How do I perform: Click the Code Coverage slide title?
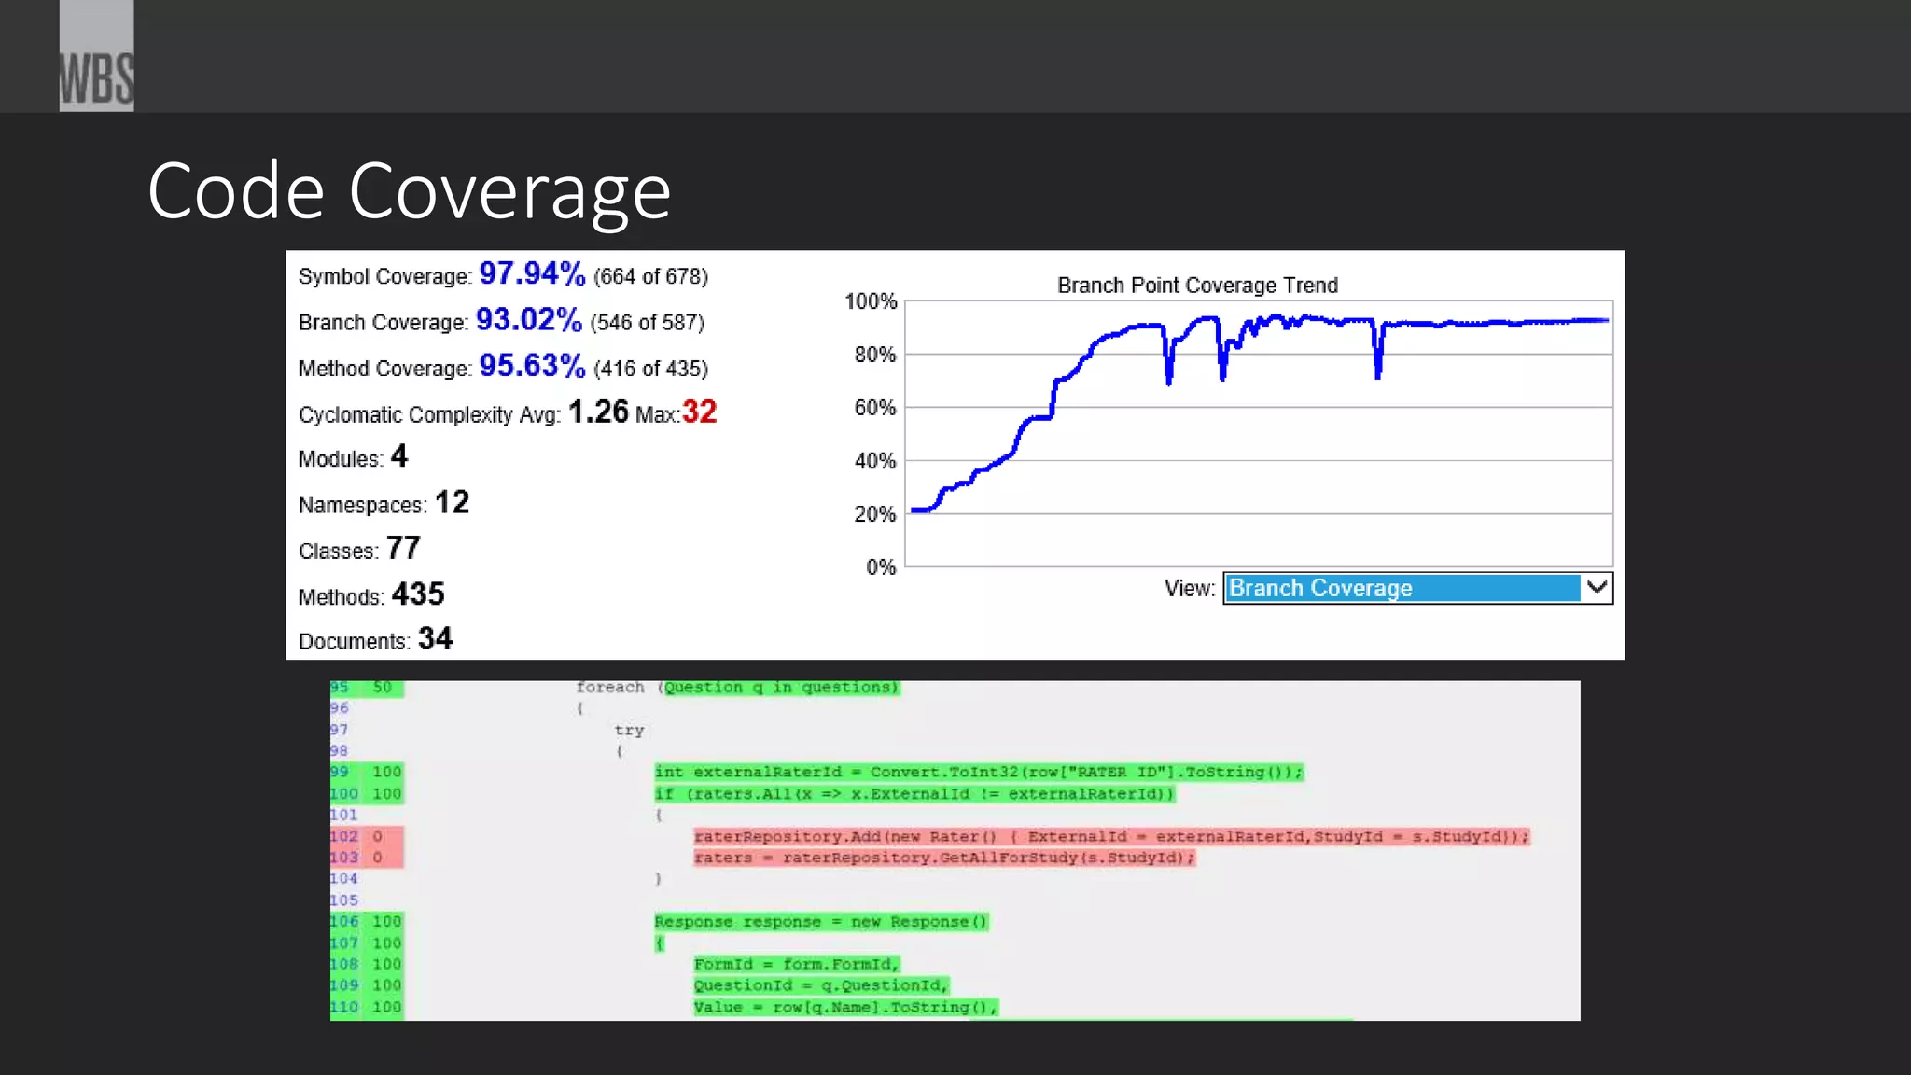409,191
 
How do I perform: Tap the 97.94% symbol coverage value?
532,274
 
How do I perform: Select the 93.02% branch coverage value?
528,320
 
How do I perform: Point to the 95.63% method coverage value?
532,366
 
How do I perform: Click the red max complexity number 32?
699,412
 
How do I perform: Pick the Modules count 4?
399,456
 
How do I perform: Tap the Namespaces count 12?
452,503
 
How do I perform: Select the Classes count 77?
403,549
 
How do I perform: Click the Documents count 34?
435,639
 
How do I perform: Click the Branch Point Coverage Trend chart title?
1197,286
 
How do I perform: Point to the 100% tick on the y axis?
870,301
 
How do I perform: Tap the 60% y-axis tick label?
874,408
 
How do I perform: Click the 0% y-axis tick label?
880,567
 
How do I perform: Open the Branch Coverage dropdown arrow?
1597,588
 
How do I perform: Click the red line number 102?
343,836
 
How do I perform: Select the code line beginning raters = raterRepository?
943,858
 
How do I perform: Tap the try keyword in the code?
629,730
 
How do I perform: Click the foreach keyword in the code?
609,688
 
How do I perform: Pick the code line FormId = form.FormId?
796,964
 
